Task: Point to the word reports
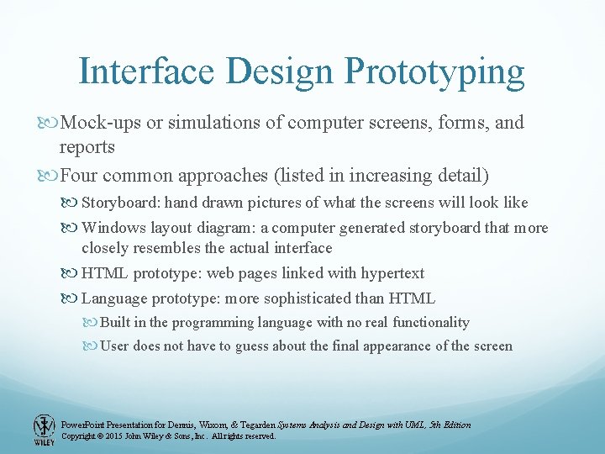pyautogui.click(x=87, y=148)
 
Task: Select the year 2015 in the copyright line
pyautogui.click(x=120, y=436)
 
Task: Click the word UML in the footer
pyautogui.click(x=408, y=425)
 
